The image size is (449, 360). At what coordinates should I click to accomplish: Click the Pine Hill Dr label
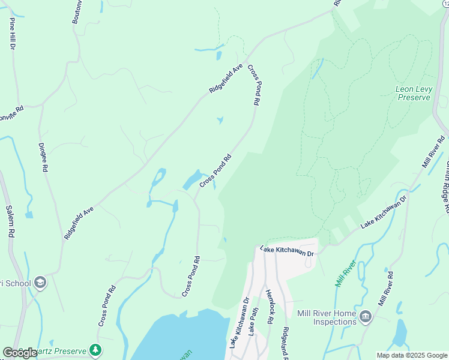tap(11, 34)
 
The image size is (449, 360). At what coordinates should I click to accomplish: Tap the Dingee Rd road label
tap(43, 157)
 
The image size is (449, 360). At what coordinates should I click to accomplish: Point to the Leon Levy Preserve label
tap(414, 93)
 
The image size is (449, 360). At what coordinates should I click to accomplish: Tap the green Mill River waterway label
tap(346, 273)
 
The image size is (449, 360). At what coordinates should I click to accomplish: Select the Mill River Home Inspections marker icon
tap(366, 316)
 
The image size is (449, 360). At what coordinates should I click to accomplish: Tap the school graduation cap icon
tap(40, 283)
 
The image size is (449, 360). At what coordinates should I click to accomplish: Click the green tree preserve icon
tap(95, 349)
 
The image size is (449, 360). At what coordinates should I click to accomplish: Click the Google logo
tap(20, 353)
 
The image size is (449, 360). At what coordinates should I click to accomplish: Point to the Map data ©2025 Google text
tap(412, 355)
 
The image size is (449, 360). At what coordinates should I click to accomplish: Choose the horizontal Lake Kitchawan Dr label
tap(287, 251)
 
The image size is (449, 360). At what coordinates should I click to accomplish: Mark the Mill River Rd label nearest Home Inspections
tap(382, 287)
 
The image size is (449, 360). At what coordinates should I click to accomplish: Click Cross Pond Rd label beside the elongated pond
tap(215, 172)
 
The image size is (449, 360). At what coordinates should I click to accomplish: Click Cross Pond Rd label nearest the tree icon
tap(108, 310)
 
